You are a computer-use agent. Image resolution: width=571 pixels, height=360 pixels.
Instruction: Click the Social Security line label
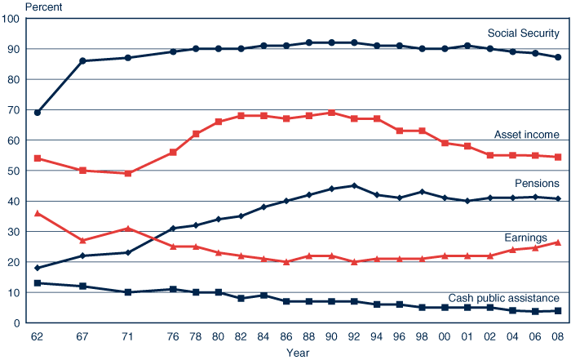(523, 33)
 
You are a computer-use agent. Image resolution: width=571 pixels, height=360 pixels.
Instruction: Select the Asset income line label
(526, 134)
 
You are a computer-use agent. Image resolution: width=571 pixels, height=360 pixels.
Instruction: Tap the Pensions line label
(536, 184)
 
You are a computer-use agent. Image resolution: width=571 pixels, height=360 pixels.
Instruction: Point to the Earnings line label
(536, 236)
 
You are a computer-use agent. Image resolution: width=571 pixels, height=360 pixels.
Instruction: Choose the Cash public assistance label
(503, 298)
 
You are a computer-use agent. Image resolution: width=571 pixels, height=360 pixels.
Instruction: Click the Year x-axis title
(298, 353)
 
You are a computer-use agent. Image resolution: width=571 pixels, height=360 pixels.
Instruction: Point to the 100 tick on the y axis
(11, 18)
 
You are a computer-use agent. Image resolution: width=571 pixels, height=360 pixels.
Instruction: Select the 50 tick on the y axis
(14, 171)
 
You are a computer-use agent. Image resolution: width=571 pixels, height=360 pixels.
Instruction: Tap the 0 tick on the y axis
(17, 323)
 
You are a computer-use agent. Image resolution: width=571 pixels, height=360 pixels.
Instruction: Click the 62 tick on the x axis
(37, 336)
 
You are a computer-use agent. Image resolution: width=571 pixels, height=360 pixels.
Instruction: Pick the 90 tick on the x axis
(331, 336)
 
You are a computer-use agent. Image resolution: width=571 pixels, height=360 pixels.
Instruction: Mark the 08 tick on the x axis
(557, 336)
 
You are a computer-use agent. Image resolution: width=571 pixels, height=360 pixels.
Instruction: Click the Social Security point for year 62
(38, 113)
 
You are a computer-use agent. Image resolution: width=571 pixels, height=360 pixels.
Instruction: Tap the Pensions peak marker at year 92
(354, 185)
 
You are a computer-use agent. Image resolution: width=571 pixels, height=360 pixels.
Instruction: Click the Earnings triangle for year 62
(38, 213)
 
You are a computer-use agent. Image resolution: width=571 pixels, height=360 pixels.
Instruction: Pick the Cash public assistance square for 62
(38, 283)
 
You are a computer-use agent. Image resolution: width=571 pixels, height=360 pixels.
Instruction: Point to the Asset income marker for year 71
(128, 173)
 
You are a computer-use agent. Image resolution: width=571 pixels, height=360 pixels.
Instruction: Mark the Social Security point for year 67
(82, 61)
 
